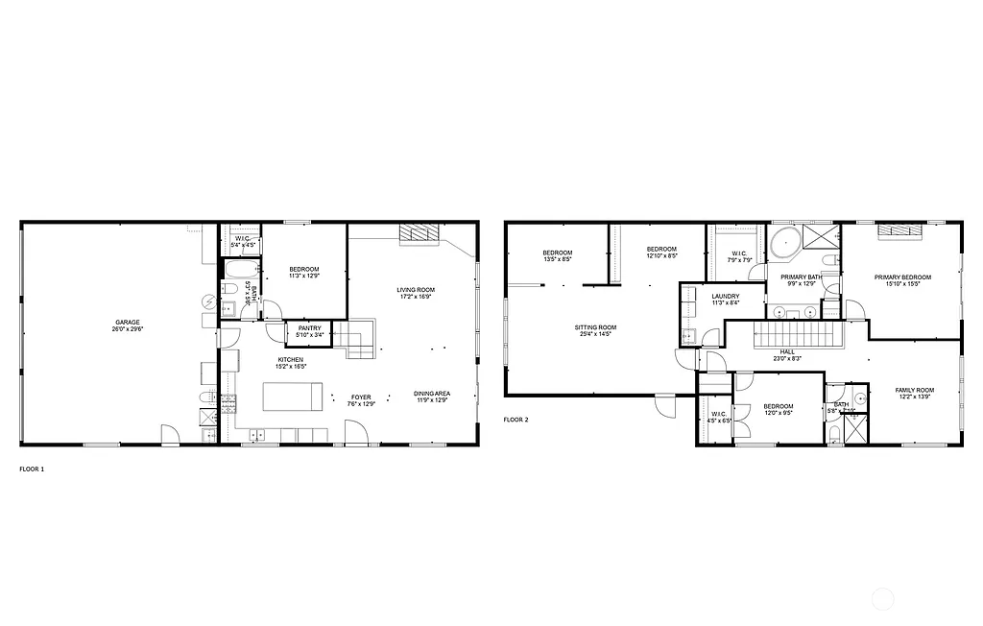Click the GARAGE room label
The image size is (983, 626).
125,322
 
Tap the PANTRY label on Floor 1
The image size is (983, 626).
309,328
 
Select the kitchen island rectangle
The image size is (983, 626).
292,396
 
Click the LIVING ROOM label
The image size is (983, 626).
417,289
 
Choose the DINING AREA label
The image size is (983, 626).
432,394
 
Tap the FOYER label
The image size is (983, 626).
360,397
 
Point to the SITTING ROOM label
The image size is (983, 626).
595,327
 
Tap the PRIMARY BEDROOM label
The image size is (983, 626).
902,277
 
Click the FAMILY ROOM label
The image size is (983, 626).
914,390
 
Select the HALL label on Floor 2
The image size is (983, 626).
787,351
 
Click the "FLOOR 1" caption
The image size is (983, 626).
32,469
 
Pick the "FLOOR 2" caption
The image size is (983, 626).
515,420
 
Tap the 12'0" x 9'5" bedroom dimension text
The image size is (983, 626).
779,414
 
